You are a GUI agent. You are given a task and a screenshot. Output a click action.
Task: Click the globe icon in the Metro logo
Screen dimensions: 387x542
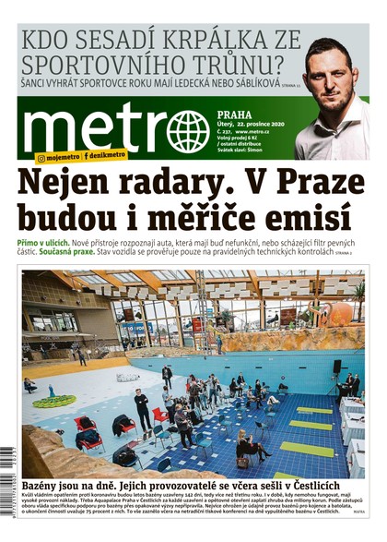188,131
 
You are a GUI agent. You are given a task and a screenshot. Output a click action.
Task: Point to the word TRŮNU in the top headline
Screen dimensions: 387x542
251,66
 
